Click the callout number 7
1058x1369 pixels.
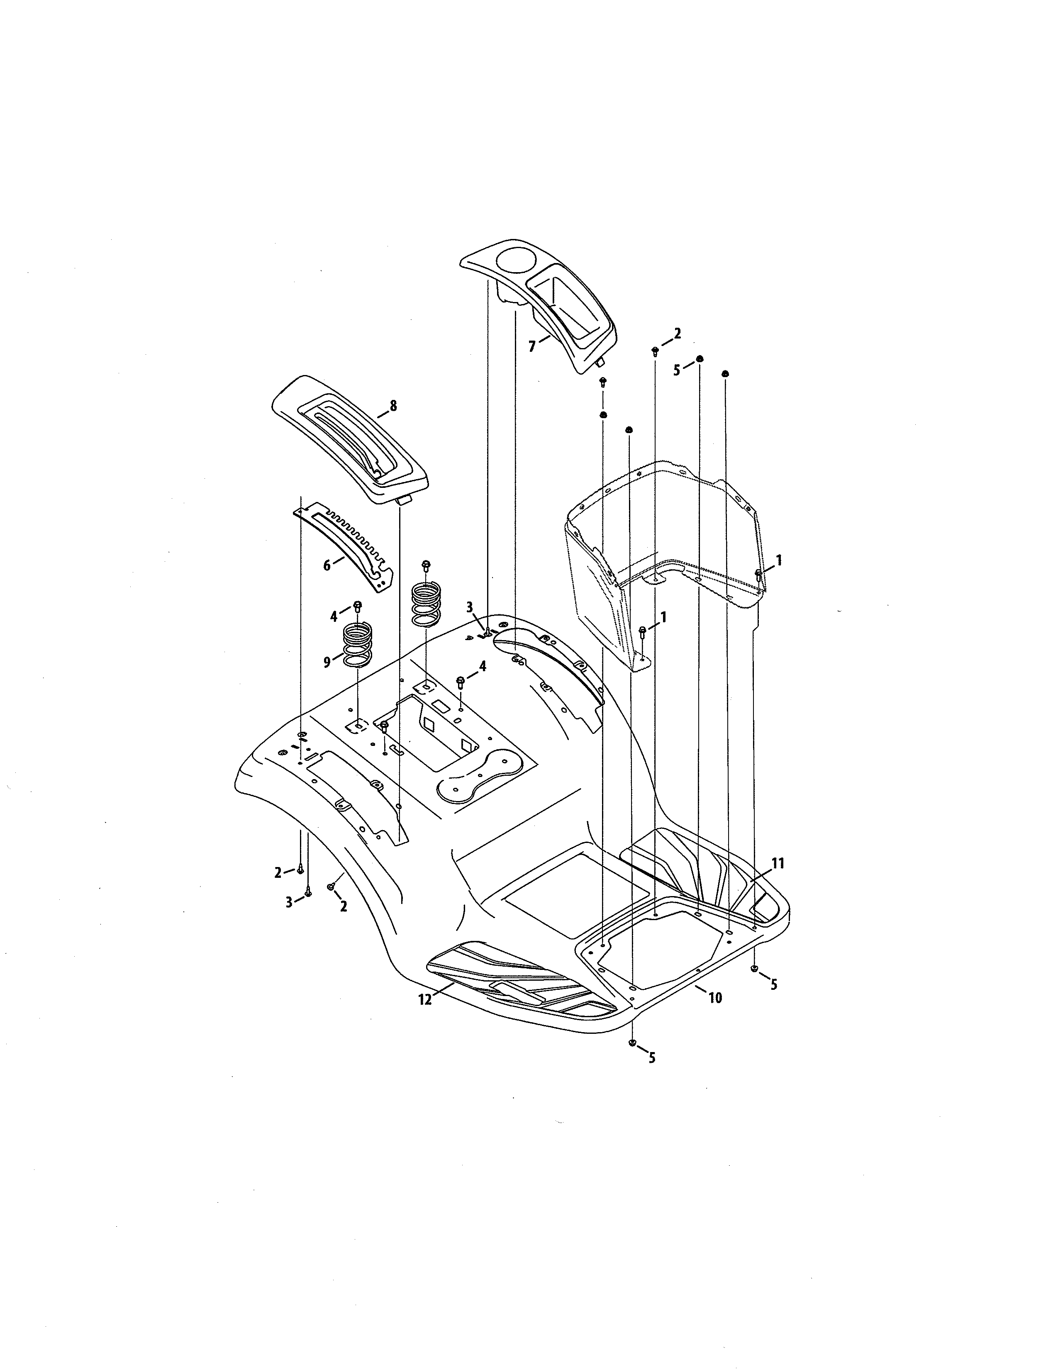pos(531,346)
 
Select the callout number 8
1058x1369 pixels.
pos(393,406)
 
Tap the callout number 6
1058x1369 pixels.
pos(327,565)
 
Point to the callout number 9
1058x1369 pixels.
pos(327,663)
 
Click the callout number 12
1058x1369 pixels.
pos(425,1000)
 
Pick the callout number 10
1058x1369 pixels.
pos(715,997)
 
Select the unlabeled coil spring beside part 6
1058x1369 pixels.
pos(426,603)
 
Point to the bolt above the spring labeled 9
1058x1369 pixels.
pos(358,606)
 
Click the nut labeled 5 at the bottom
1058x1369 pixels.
pos(632,1042)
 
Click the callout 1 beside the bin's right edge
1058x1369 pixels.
pos(779,561)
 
